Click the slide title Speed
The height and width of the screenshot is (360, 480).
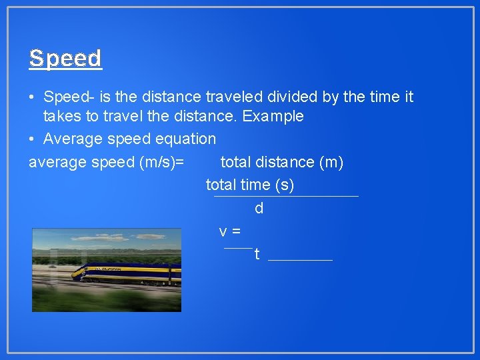[x=65, y=59]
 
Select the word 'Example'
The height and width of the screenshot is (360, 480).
[x=273, y=117]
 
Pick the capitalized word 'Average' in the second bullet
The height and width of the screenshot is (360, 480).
[x=69, y=139]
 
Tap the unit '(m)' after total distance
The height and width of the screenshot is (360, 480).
[x=331, y=162]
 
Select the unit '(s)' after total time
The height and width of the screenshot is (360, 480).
[x=283, y=185]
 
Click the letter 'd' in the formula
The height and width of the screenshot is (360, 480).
[x=259, y=209]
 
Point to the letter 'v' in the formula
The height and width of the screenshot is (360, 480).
[x=223, y=231]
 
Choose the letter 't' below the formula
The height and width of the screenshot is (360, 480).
[x=257, y=255]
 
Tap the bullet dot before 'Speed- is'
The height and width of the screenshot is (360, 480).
[x=32, y=98]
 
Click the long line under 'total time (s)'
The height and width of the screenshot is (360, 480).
[x=286, y=196]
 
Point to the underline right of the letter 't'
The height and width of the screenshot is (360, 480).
[x=300, y=259]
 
